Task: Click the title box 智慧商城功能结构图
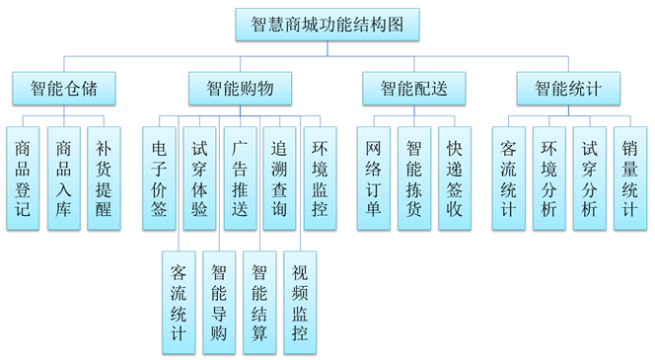click(x=327, y=24)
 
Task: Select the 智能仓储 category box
click(x=63, y=88)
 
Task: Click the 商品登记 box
click(x=23, y=178)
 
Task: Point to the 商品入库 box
click(x=63, y=178)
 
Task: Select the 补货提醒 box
click(x=104, y=178)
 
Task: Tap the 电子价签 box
click(x=159, y=178)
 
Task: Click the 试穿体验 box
click(x=199, y=178)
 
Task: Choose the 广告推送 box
click(x=240, y=178)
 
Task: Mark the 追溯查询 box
click(x=280, y=178)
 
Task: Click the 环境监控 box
click(x=320, y=178)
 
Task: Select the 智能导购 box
click(x=219, y=301)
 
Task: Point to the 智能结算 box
click(x=259, y=301)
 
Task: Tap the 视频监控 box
click(x=300, y=301)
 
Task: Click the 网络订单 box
click(x=373, y=178)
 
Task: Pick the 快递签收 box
click(x=454, y=178)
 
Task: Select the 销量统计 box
click(x=629, y=178)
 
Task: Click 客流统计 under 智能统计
click(x=508, y=178)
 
